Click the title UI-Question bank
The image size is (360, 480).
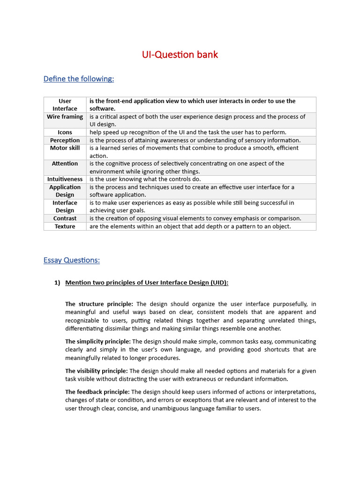point(180,55)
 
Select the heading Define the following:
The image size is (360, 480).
point(78,79)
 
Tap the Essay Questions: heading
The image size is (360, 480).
point(71,260)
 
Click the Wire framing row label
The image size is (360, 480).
point(65,117)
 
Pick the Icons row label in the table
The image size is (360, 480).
point(65,132)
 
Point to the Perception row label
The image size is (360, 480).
point(65,140)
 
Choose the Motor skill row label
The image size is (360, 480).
point(65,148)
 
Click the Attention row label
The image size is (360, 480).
point(65,164)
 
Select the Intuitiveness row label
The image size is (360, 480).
point(65,179)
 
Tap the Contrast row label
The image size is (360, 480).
point(65,218)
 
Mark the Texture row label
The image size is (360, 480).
point(65,226)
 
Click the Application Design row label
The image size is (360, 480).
point(65,191)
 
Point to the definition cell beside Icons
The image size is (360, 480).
point(187,132)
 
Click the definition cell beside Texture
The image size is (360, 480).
point(190,226)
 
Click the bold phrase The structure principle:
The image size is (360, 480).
point(99,304)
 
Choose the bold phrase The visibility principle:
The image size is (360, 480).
point(96,371)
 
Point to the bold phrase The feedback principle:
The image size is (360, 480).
point(97,391)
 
